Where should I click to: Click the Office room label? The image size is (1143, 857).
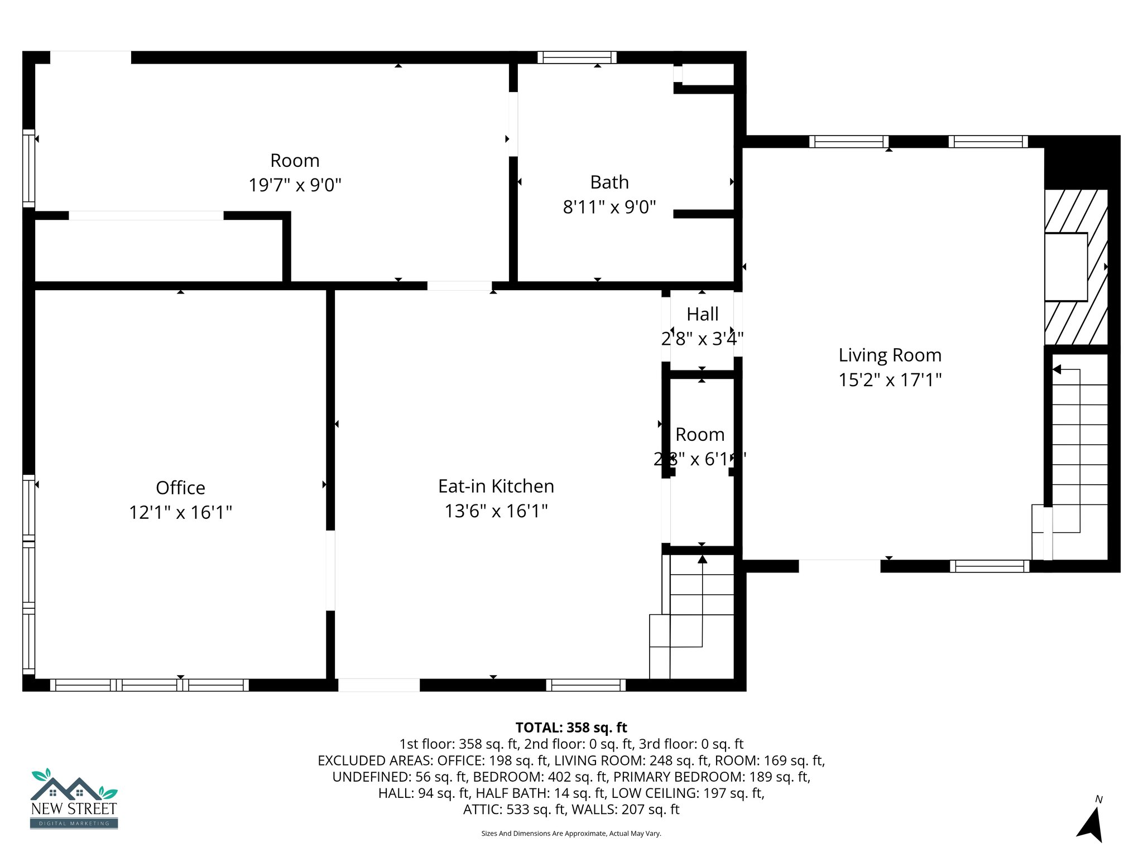click(x=180, y=488)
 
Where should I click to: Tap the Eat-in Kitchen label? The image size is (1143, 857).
click(x=496, y=486)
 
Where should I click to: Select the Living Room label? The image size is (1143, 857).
click(x=890, y=355)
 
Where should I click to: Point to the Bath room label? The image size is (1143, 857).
click(x=609, y=182)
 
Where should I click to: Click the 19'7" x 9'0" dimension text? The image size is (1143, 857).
click(x=295, y=185)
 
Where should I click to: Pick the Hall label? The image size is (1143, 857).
click(x=702, y=314)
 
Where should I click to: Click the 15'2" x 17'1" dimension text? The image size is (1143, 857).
click(x=890, y=380)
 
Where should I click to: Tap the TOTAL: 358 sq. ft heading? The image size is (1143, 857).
click(x=571, y=728)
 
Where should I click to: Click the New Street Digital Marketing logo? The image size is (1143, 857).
click(x=74, y=798)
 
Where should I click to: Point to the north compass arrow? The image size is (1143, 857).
click(x=1092, y=823)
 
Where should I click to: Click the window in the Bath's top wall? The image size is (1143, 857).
click(x=577, y=57)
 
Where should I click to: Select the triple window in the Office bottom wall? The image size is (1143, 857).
click(x=150, y=685)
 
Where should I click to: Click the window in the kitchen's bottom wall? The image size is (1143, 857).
click(x=585, y=685)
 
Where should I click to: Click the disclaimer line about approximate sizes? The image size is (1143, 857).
click(x=571, y=834)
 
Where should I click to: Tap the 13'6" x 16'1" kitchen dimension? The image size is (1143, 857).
click(x=496, y=511)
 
